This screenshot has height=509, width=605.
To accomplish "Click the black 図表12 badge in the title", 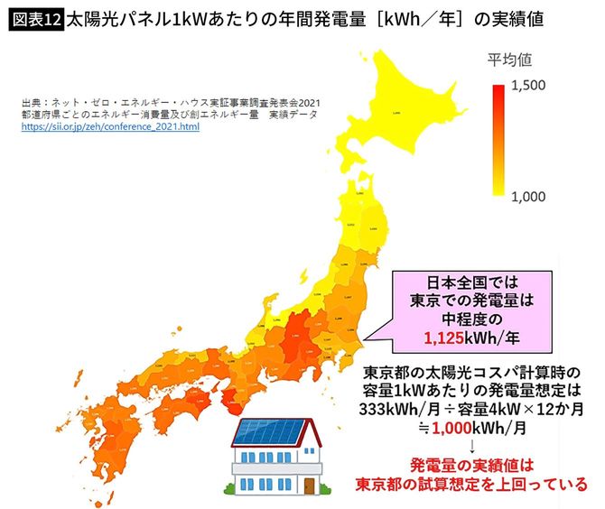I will pos(35,17).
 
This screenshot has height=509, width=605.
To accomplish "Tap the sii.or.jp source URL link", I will pos(111,127).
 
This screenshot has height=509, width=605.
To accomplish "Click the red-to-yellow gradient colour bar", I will pos(498,140).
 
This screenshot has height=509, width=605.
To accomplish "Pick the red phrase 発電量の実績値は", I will pos(473,466).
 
